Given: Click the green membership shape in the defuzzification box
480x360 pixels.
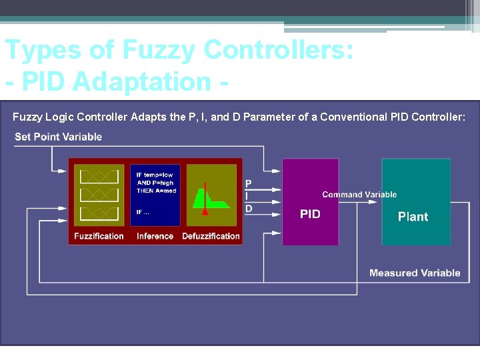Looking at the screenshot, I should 211,198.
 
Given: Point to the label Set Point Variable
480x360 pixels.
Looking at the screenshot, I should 58,137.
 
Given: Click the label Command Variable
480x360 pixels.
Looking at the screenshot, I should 359,195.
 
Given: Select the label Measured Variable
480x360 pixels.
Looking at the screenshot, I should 415,273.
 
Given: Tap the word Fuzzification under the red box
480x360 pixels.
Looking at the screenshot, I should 99,236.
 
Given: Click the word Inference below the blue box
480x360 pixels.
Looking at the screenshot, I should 155,236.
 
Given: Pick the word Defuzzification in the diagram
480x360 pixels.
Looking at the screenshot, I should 211,236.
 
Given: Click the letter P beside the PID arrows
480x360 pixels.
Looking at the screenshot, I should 249,183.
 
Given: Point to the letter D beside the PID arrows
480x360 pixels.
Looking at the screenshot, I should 249,209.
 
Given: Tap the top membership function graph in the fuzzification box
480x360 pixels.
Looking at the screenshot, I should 99,177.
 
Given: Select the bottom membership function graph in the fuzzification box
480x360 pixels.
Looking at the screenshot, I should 99,213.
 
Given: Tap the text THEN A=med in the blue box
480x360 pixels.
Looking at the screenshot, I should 155,190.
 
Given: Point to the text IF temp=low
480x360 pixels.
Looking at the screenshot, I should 155,175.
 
